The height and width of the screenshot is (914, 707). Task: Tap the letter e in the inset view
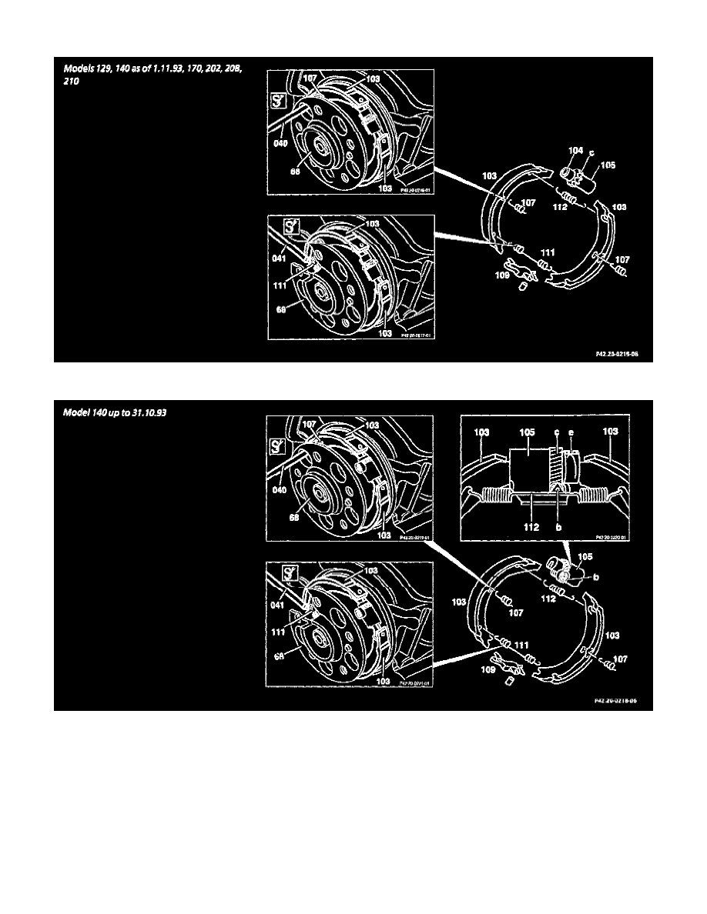(571, 432)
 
